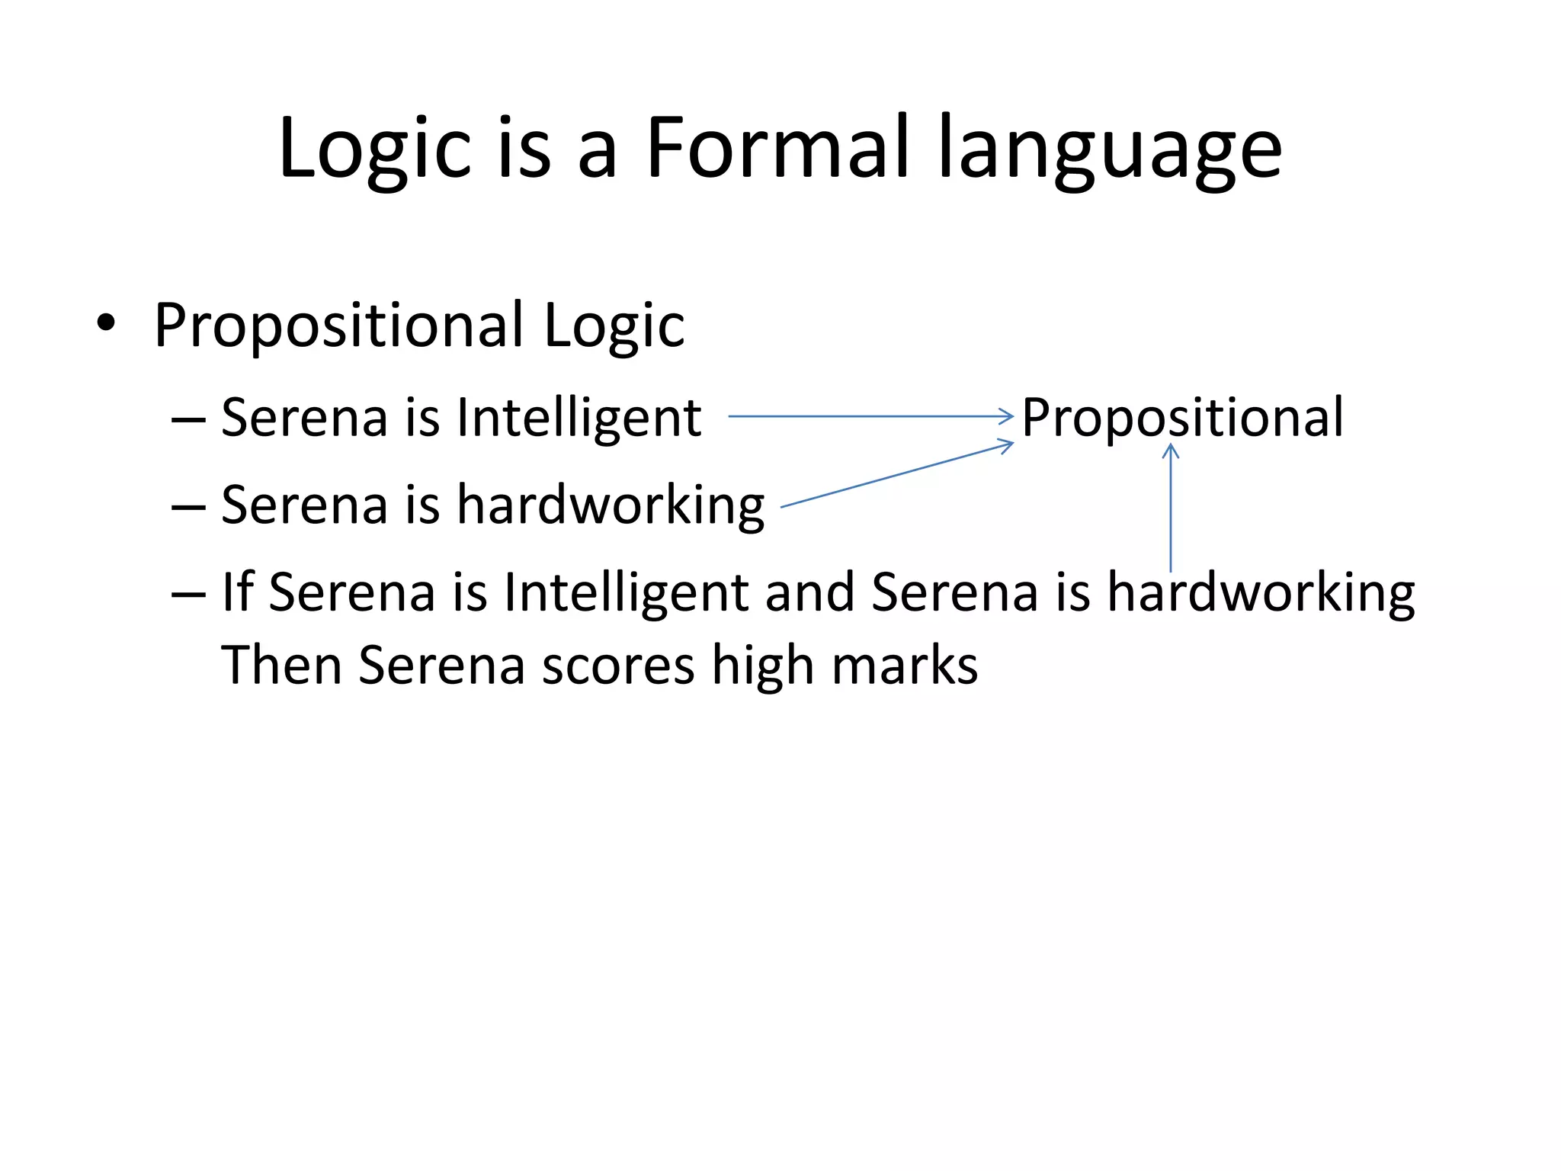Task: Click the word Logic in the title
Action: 373,149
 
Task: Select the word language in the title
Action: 1110,149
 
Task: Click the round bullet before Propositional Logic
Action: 106,324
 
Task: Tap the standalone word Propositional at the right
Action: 1182,419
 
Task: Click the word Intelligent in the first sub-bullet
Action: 579,419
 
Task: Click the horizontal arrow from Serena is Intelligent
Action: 869,416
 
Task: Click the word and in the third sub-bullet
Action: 809,592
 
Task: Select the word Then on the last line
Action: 281,666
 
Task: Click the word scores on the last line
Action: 618,666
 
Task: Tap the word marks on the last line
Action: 904,666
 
